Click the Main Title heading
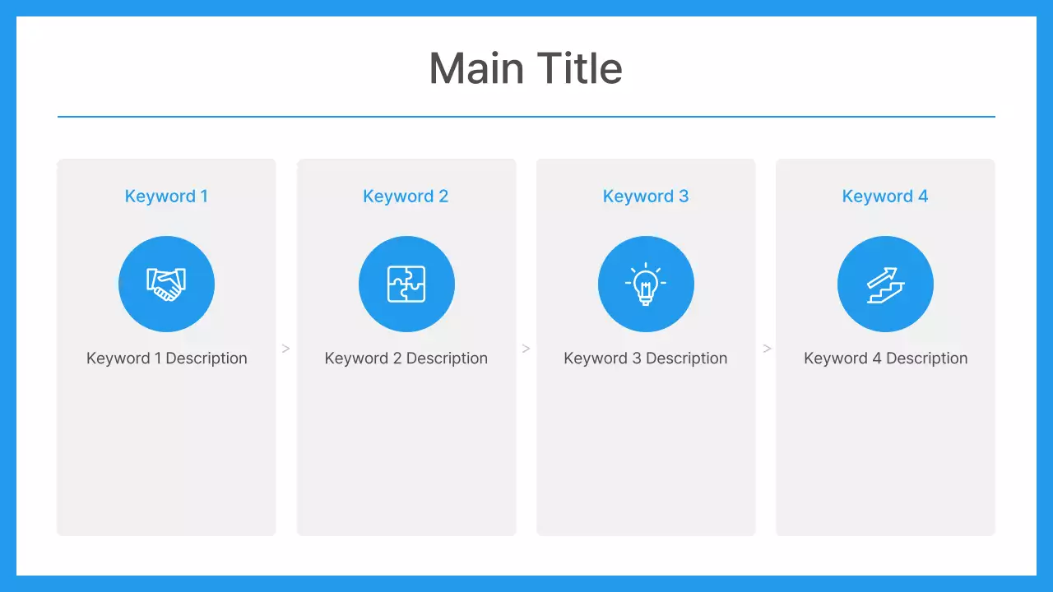click(526, 68)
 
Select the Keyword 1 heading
click(166, 197)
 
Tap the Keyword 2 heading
click(406, 197)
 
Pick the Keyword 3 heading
click(646, 197)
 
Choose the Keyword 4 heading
click(885, 197)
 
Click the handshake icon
click(166, 284)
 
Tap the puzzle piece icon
click(406, 284)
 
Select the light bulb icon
click(646, 284)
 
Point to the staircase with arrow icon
click(885, 284)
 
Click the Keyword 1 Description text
click(167, 358)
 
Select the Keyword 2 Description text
click(406, 358)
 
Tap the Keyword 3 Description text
click(646, 358)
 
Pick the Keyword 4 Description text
click(885, 358)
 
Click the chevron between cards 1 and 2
click(286, 349)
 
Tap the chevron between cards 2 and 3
click(526, 349)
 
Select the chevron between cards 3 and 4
click(767, 349)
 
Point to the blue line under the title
click(526, 117)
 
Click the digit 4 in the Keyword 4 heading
click(923, 197)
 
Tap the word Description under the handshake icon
click(206, 358)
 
